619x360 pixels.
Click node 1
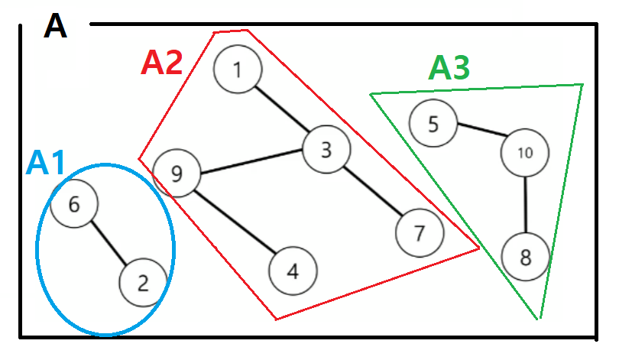click(x=238, y=70)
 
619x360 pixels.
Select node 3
click(x=326, y=149)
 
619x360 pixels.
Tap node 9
click(x=177, y=174)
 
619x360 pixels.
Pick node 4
click(x=293, y=271)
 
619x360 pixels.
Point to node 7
click(x=419, y=232)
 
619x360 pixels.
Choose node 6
click(x=74, y=204)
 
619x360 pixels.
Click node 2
click(x=143, y=283)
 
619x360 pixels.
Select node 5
click(x=433, y=123)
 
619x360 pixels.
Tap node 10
click(x=525, y=152)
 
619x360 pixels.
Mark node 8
click(x=526, y=257)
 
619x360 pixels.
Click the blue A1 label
click(x=47, y=163)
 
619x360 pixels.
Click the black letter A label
click(x=56, y=26)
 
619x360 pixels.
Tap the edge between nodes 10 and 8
click(x=526, y=204)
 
